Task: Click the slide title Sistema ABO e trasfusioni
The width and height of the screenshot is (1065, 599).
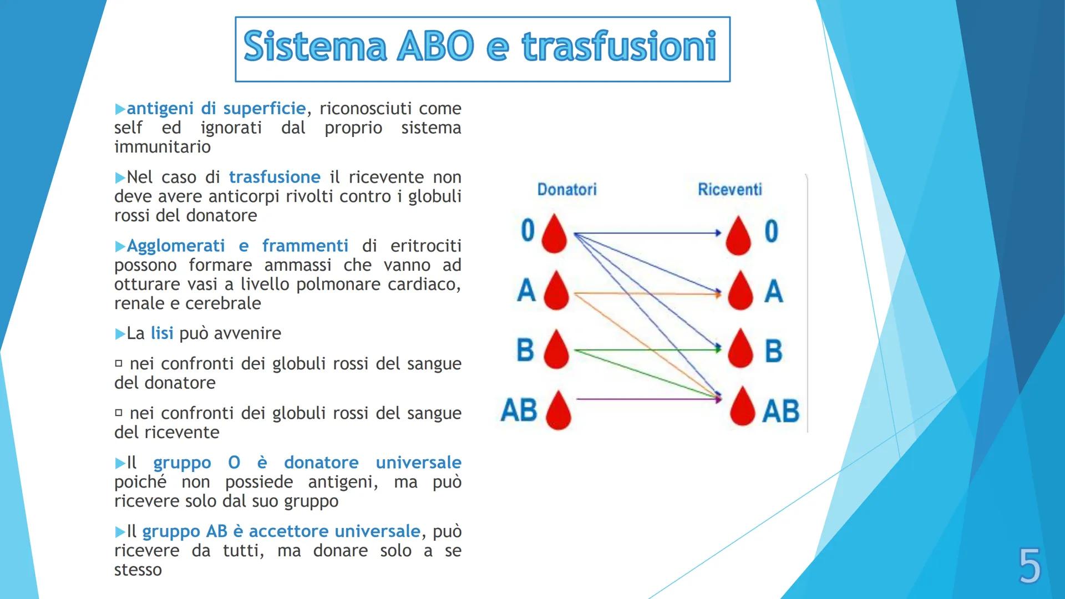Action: pyautogui.click(x=481, y=48)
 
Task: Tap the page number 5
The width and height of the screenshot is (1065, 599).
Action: pyautogui.click(x=1029, y=566)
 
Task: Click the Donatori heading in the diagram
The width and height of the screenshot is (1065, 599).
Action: pyautogui.click(x=566, y=190)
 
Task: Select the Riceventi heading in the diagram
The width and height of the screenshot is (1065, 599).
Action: pyautogui.click(x=729, y=190)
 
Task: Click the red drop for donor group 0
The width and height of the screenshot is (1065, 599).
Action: pyautogui.click(x=554, y=234)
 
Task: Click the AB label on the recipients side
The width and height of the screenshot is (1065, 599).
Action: pyautogui.click(x=780, y=411)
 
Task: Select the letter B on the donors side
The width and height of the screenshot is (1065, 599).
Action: pyautogui.click(x=525, y=350)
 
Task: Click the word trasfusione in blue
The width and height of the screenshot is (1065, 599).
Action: pyautogui.click(x=275, y=177)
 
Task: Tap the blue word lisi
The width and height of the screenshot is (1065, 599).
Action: pyautogui.click(x=162, y=333)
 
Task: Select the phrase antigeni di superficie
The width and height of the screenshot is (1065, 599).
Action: pyautogui.click(x=216, y=109)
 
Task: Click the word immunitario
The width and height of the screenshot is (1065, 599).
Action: pyautogui.click(x=163, y=147)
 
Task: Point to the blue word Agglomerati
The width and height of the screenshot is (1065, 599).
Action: pyautogui.click(x=176, y=246)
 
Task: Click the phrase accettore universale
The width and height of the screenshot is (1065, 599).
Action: pyautogui.click(x=334, y=531)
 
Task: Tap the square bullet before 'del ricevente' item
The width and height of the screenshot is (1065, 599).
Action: pyautogui.click(x=118, y=413)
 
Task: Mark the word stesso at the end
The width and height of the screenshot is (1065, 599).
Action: pyautogui.click(x=138, y=570)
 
